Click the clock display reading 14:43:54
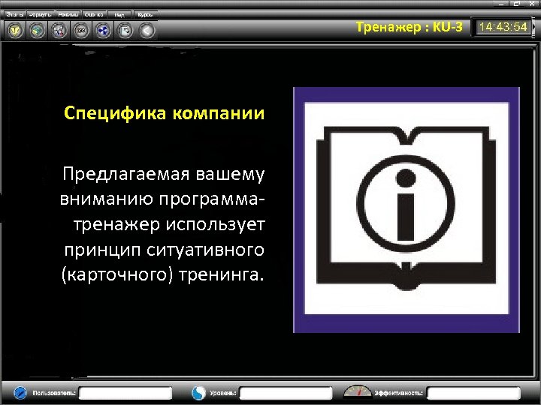[504, 28]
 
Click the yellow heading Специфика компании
[164, 114]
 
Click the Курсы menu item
[144, 14]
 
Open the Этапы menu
[15, 14]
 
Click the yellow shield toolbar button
[15, 31]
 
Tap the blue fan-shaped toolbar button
[103, 31]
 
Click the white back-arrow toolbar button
[147, 31]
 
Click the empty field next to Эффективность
[474, 392]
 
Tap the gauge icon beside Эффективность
[358, 391]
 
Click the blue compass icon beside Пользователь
[20, 392]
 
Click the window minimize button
[500, 4]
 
